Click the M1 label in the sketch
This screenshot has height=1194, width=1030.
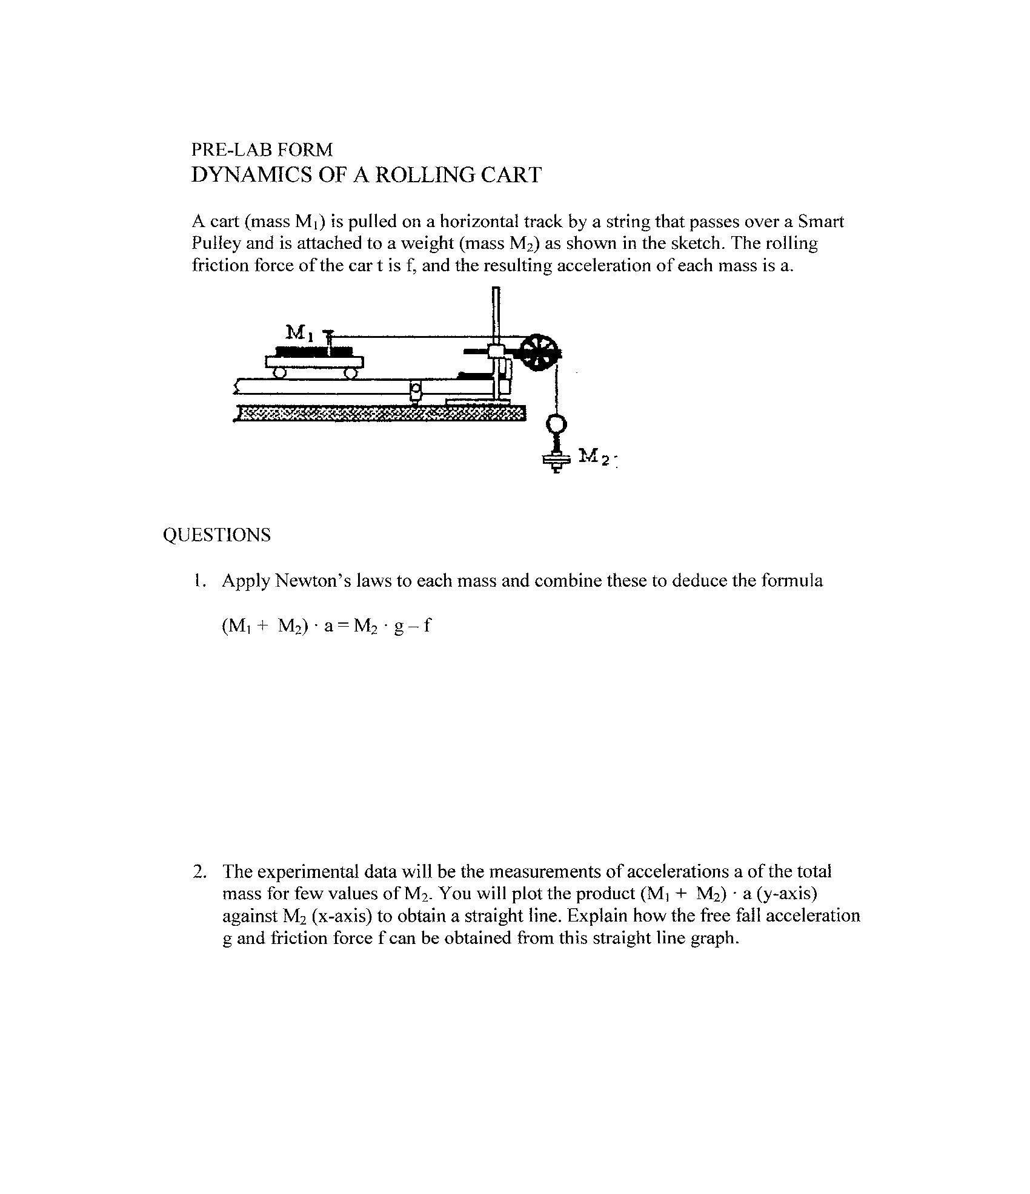[299, 332]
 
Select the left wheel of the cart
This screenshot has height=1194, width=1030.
[279, 373]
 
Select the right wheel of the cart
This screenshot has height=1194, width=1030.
[351, 373]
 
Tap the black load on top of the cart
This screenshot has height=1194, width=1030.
[313, 351]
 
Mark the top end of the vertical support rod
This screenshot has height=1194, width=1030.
[496, 291]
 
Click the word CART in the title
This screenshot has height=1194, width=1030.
[511, 175]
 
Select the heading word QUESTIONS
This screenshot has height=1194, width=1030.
[216, 535]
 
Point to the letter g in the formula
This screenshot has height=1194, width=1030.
[398, 627]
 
